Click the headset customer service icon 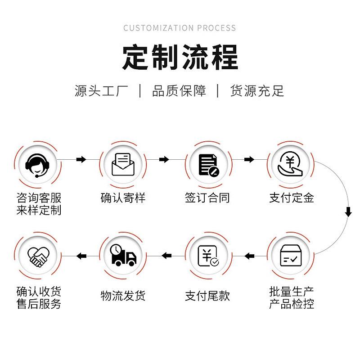37,165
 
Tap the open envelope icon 122,164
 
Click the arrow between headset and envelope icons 81,159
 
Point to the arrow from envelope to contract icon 164,159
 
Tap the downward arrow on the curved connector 348,211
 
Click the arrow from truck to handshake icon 81,256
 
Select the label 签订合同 207,198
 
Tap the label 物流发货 123,296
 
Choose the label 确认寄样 123,198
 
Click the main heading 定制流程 180,57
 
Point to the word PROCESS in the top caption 215,28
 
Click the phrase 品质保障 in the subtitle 179,91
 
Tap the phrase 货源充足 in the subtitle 257,91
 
